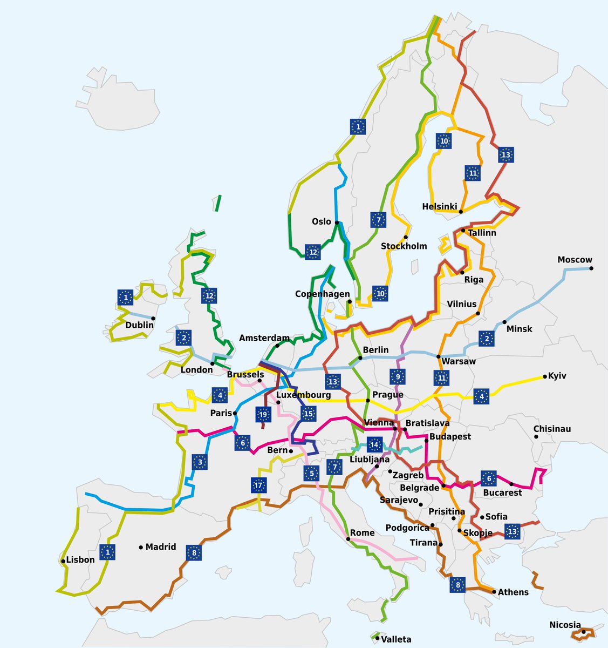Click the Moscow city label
pos(575,260)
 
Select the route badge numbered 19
pos(263,415)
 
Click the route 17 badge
pos(259,485)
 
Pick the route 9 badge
pos(398,376)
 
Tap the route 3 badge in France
pos(200,462)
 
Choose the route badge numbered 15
pos(308,415)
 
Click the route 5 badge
pos(311,474)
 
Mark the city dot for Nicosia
pos(584,631)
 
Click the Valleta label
pos(396,639)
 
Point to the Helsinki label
pos(439,206)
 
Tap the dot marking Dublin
pos(154,319)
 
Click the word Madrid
pos(161,546)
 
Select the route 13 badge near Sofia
pos(512,532)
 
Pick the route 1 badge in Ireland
pos(125,297)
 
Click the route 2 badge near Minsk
pos(487,339)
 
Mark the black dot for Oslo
pos(337,222)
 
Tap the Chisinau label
pos(552,429)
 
